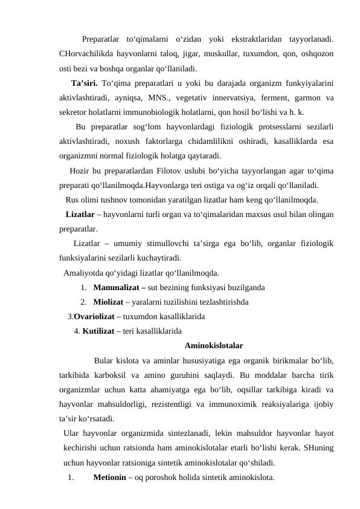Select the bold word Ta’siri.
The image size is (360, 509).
pyautogui.click(x=85, y=83)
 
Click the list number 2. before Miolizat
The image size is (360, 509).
pyautogui.click(x=84, y=302)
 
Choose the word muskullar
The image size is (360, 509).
pyautogui.click(x=206, y=54)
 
